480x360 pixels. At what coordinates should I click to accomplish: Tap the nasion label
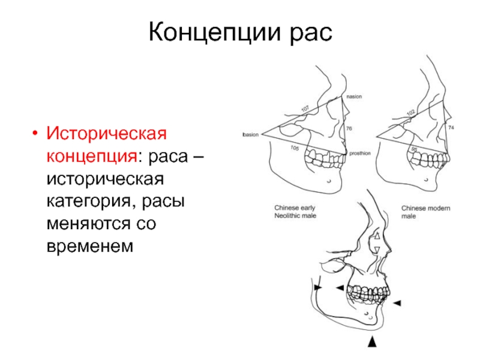pos(353,97)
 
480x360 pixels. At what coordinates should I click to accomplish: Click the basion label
pos(250,135)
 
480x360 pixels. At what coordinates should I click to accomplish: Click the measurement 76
pos(349,128)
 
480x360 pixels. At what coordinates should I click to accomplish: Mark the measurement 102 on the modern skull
pos(410,112)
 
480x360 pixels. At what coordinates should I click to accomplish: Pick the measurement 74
pos(451,128)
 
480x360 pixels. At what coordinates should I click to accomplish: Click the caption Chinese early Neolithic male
pos(295,211)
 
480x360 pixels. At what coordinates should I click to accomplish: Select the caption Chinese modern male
pos(425,211)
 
